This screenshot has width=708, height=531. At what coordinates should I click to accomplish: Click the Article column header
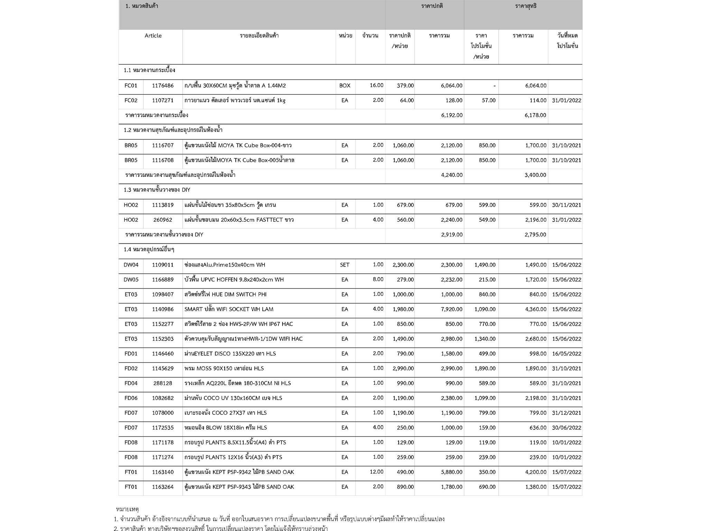(x=153, y=36)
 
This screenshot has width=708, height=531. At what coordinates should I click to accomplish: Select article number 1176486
(x=163, y=86)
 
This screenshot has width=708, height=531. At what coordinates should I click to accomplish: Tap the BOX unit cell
(x=345, y=86)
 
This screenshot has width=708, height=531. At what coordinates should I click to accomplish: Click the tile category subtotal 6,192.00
(x=451, y=115)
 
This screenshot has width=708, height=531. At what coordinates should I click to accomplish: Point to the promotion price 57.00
(x=488, y=101)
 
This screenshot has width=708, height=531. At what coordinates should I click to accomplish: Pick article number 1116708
(x=163, y=160)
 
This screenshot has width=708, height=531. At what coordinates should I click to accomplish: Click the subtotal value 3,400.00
(x=535, y=175)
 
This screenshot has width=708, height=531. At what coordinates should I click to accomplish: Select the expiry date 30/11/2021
(x=566, y=205)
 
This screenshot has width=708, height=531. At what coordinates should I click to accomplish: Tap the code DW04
(x=131, y=265)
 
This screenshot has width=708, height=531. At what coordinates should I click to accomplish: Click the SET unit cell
(x=345, y=265)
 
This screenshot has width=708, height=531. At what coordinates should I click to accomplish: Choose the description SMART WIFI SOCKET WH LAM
(x=229, y=309)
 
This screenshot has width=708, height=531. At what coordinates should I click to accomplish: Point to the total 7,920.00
(x=451, y=309)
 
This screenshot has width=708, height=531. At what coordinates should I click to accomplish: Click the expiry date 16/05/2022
(x=566, y=354)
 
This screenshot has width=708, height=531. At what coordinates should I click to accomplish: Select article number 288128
(x=163, y=383)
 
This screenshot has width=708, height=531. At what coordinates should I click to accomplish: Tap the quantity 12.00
(x=376, y=472)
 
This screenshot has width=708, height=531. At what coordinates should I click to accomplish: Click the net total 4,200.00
(x=535, y=472)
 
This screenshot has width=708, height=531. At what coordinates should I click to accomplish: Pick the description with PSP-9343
(x=239, y=487)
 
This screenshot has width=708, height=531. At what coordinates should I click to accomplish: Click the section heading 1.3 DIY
(x=157, y=190)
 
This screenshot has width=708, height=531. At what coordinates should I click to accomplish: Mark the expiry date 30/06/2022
(x=566, y=428)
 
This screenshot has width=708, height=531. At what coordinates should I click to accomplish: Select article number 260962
(x=163, y=220)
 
